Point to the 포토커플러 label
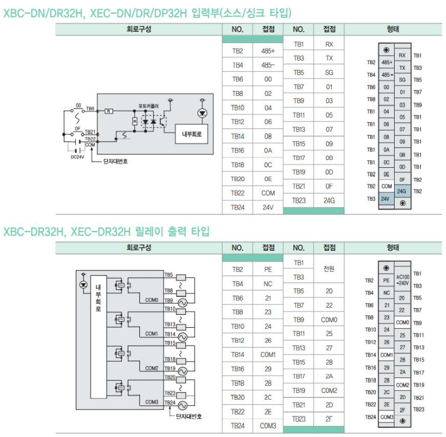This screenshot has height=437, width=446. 149,105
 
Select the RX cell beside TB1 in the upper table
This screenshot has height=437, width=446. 329,44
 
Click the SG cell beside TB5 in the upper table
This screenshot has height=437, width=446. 329,72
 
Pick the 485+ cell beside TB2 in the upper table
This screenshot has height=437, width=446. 268,51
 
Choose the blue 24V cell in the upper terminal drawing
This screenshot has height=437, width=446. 385,198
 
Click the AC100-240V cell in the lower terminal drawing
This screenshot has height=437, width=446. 403,280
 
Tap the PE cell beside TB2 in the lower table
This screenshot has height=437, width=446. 268,270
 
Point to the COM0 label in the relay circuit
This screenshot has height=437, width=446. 152,300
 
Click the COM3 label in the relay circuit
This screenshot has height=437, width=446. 152,401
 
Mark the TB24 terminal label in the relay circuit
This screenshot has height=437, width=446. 170,402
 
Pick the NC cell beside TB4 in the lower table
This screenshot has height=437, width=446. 268,284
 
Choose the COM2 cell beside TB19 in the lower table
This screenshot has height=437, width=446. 329,391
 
